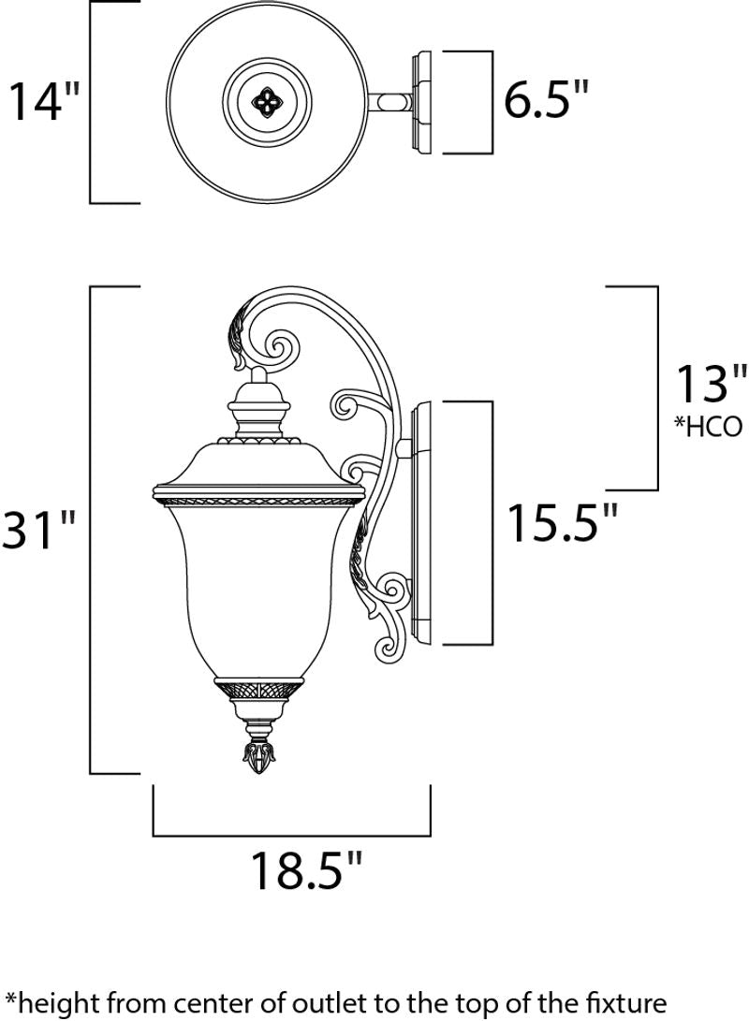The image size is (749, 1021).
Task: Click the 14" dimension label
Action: [45, 101]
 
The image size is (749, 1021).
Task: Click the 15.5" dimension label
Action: [562, 524]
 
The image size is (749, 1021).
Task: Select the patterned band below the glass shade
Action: [257, 691]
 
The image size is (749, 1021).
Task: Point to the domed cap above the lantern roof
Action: [257, 412]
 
